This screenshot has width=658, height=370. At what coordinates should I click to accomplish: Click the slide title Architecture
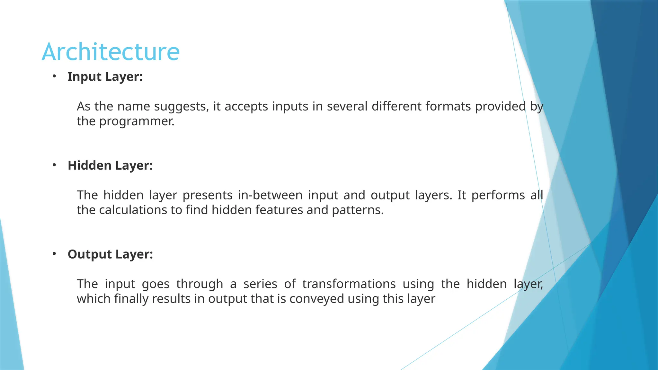pos(111,52)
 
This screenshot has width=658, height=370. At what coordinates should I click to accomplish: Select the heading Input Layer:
pos(105,77)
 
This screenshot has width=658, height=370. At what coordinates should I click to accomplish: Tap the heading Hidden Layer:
pos(110,166)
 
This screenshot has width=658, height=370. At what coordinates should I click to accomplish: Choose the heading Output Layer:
pos(110,254)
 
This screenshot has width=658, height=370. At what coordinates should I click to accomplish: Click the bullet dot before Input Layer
pos(54,76)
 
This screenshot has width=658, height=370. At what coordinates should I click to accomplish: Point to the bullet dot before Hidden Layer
pos(54,165)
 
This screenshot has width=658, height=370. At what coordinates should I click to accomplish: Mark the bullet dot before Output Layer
pos(54,254)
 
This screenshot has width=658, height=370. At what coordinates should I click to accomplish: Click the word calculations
pos(133,210)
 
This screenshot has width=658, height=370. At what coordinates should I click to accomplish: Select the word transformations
pos(349,284)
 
